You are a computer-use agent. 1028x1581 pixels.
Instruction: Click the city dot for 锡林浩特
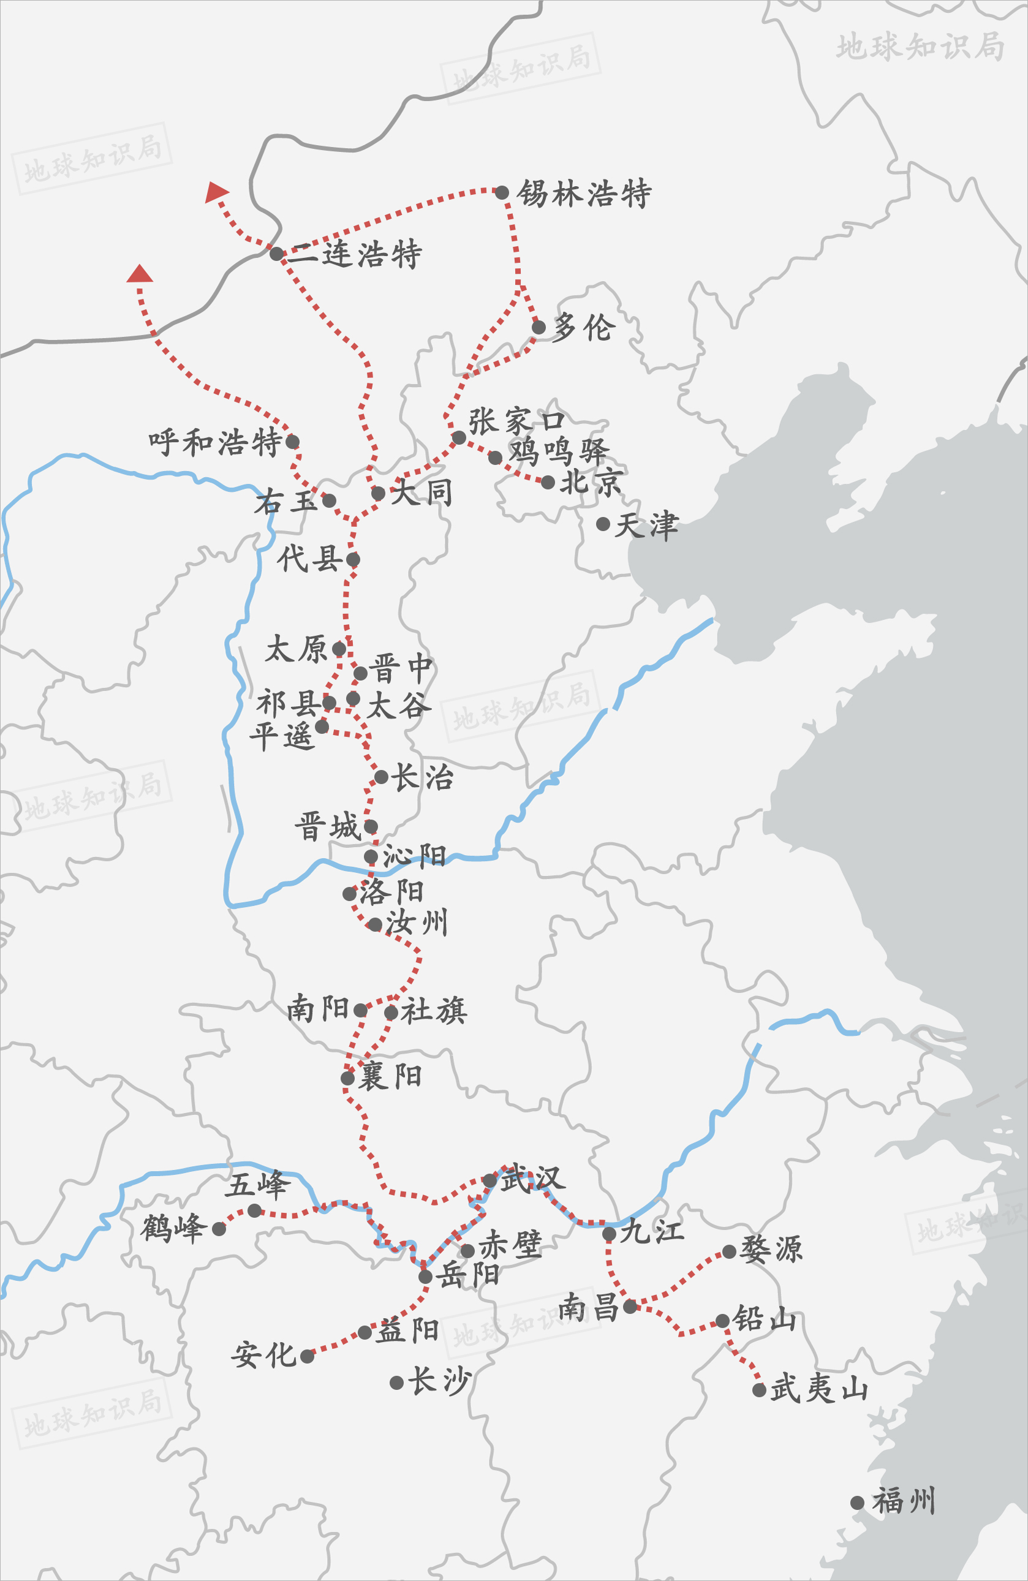[x=502, y=192]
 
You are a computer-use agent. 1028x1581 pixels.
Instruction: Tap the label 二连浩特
[x=355, y=254]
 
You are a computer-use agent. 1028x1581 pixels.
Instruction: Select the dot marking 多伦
[x=539, y=327]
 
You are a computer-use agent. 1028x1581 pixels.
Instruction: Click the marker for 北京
[x=548, y=482]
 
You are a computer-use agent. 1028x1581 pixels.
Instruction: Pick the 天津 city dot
[x=603, y=524]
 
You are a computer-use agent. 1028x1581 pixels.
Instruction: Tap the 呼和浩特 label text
[x=215, y=442]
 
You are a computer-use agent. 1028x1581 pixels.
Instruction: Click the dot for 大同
[x=378, y=493]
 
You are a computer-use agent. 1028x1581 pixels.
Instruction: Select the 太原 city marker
[x=339, y=648]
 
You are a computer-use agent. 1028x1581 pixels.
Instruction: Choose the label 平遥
[x=281, y=736]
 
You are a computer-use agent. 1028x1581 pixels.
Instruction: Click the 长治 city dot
[x=382, y=777]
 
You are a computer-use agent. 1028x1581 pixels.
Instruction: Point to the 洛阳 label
[x=392, y=891]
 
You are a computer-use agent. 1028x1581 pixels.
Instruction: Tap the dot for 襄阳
[x=347, y=1078]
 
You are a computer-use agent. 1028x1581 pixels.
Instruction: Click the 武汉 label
[x=533, y=1179]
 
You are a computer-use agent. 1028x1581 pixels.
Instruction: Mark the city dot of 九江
[x=609, y=1234]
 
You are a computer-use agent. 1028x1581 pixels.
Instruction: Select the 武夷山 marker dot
[x=760, y=1390]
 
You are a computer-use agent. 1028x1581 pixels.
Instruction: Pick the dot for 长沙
[x=397, y=1383]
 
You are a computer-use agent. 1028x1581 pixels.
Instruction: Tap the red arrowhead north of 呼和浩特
[x=140, y=274]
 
